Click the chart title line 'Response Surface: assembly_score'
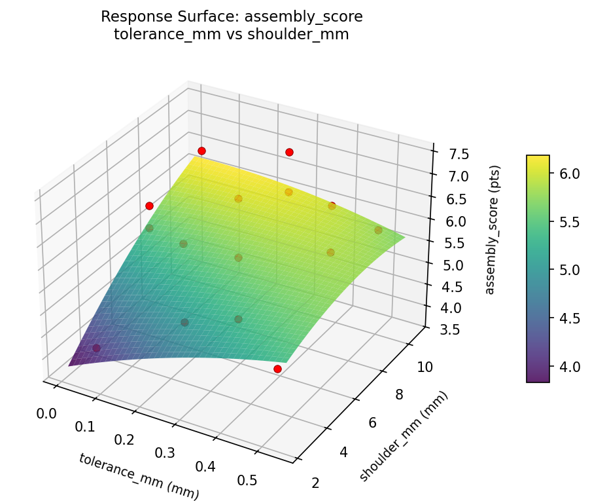click(232, 16)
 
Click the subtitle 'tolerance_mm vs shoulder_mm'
click(232, 35)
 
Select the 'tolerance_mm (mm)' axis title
click(139, 476)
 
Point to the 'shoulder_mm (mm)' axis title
click(404, 437)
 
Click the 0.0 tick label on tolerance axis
click(46, 413)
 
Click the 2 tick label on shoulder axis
click(317, 483)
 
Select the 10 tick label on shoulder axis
click(425, 367)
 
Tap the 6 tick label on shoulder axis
click(372, 423)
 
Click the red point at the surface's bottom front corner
click(277, 369)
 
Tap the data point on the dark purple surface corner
click(97, 348)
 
